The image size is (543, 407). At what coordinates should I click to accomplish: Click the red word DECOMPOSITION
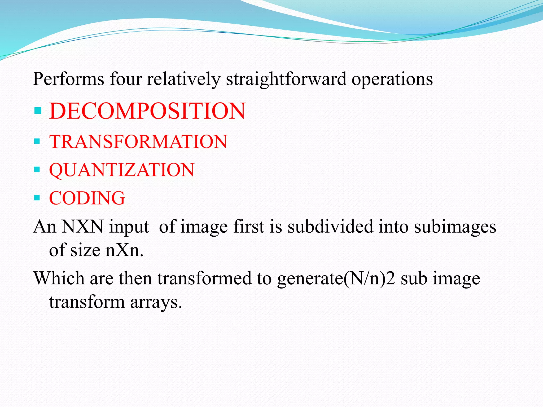(x=147, y=111)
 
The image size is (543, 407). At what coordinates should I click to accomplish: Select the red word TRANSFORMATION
(x=138, y=141)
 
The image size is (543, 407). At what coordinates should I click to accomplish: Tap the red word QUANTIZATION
(x=122, y=170)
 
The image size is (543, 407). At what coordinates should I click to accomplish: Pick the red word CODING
(x=87, y=198)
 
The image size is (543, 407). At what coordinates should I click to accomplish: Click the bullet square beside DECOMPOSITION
(x=38, y=110)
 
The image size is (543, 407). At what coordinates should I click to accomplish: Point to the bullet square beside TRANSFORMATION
(x=37, y=141)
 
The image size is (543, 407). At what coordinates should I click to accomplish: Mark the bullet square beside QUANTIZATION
(x=37, y=169)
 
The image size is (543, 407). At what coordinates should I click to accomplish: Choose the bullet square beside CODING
(x=37, y=198)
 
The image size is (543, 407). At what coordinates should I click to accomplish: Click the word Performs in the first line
(x=68, y=79)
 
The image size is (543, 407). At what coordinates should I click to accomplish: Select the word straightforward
(x=286, y=79)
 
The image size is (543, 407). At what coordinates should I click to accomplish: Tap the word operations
(x=392, y=79)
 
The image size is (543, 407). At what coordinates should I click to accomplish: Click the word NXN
(x=82, y=227)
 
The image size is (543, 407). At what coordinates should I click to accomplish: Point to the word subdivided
(x=330, y=227)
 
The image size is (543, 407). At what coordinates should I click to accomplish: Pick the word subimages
(x=455, y=227)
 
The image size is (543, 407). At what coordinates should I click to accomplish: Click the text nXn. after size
(x=124, y=250)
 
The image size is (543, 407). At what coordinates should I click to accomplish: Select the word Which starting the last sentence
(x=59, y=278)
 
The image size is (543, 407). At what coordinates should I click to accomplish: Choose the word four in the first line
(x=126, y=79)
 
